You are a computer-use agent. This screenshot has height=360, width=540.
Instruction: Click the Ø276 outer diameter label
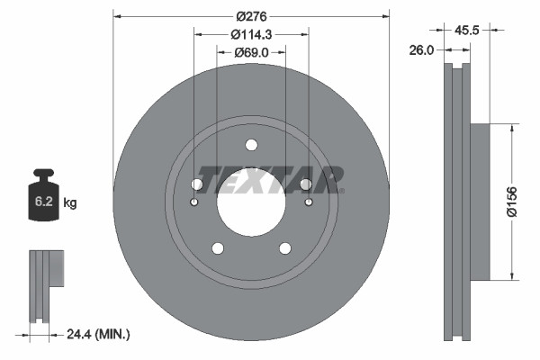coord(251,15)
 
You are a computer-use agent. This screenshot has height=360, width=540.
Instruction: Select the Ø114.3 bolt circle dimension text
coord(251,33)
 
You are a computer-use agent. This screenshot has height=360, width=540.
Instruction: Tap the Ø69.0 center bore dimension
coord(251,52)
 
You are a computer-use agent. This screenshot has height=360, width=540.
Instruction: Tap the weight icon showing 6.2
coord(44,193)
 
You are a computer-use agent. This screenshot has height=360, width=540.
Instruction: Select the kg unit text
coord(69,203)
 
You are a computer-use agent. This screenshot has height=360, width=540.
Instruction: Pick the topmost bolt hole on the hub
coord(251,146)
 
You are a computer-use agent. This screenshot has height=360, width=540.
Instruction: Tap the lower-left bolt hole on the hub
coord(217,248)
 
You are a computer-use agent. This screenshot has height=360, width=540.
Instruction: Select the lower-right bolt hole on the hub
coord(285,248)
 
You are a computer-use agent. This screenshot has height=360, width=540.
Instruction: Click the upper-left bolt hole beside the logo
coord(196,184)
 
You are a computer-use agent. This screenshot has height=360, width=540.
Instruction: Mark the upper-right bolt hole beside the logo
coord(306,184)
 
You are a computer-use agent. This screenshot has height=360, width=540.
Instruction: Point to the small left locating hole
coord(193,202)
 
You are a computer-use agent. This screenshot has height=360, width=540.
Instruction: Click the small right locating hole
coord(309,202)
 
